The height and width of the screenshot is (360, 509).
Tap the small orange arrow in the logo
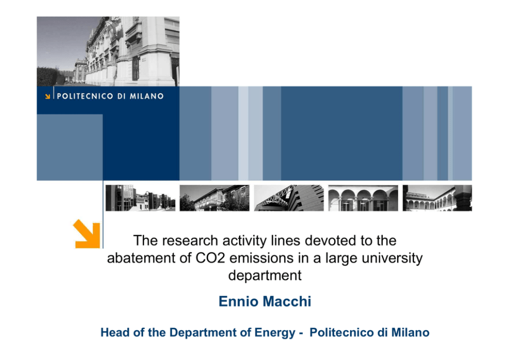coord(47,96)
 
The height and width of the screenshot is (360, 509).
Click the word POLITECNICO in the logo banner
coord(85,96)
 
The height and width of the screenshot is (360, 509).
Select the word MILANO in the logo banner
coord(147,96)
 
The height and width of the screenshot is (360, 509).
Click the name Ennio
coord(239,301)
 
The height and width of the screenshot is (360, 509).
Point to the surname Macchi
coord(287,301)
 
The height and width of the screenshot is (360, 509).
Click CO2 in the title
coord(210,258)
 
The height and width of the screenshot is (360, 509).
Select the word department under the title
coord(265,276)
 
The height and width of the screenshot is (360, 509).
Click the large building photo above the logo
coord(108,51)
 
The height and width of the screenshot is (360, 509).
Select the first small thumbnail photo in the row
coord(140,198)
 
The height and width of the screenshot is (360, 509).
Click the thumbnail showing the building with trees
coord(214,198)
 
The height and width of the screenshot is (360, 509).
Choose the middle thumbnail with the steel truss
coord(289,198)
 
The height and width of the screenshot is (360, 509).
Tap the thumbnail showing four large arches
coord(363,198)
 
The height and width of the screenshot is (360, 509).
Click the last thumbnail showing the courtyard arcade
coord(437,198)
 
